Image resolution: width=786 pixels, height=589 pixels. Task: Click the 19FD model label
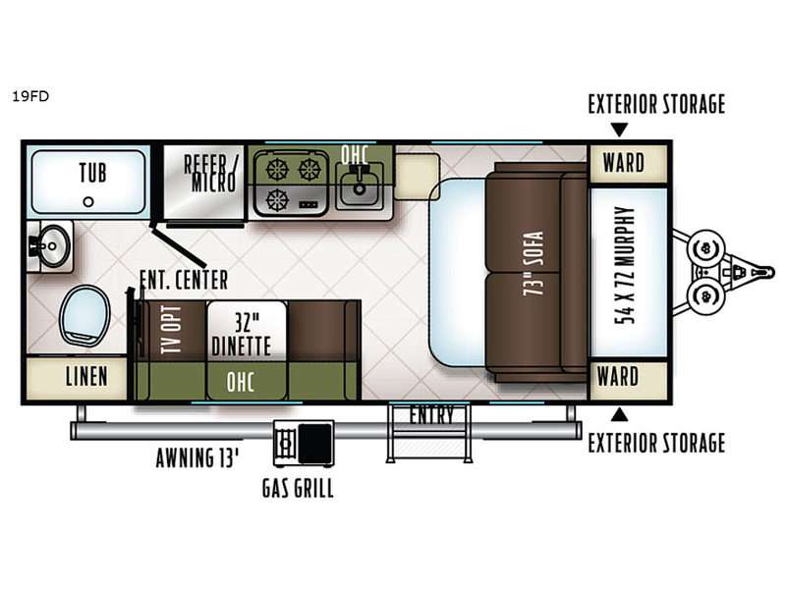[30, 96]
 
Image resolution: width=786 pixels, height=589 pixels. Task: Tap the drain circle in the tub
[88, 202]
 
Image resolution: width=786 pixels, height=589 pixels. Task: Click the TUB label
[92, 173]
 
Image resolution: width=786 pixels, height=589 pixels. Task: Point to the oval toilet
[84, 315]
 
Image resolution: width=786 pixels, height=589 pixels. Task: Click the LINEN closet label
[86, 376]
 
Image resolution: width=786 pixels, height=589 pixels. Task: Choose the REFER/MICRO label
[211, 174]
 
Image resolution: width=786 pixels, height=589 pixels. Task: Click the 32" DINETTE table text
[242, 335]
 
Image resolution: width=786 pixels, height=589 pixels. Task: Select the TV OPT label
[172, 329]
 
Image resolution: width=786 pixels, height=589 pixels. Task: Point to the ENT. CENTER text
[184, 280]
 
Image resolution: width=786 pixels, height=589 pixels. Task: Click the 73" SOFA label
[533, 263]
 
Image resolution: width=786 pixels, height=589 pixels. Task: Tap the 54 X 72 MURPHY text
[625, 265]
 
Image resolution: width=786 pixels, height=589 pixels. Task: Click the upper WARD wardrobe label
[624, 163]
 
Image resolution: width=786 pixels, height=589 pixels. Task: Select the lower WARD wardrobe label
[618, 377]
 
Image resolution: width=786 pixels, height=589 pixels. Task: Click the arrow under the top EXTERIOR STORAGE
[619, 130]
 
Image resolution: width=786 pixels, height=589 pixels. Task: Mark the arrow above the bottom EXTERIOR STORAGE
[619, 414]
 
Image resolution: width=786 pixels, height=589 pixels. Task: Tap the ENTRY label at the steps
[431, 415]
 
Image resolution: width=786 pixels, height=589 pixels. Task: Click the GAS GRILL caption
[298, 488]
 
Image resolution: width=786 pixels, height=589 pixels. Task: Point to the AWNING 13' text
[197, 457]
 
